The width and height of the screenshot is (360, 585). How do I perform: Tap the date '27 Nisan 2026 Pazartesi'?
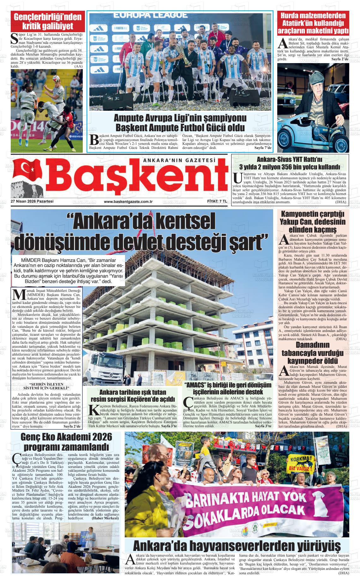32,201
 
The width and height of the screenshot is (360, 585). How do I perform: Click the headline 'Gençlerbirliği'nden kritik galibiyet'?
48,21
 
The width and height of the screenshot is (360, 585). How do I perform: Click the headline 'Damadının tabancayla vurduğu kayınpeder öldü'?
312,352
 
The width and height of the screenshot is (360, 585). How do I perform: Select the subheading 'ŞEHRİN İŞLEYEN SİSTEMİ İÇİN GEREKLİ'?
46,386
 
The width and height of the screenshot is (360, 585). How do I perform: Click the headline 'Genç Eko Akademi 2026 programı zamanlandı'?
66,442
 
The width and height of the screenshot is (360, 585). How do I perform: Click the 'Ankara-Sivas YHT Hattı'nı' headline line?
290,159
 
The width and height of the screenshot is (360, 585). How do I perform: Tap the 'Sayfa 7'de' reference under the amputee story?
263,148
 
